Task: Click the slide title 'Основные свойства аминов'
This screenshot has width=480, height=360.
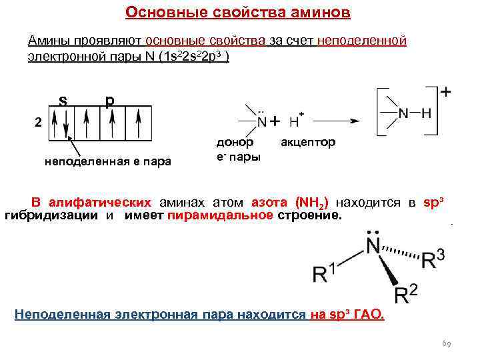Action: coord(237,13)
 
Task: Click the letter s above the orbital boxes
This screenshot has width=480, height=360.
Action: coord(62,101)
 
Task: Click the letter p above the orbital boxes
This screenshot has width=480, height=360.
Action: coord(109,101)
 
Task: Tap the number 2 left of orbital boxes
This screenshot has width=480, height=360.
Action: coord(38,123)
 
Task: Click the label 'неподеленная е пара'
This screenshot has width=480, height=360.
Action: coord(107,161)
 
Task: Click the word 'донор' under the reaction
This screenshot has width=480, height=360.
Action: coord(235,143)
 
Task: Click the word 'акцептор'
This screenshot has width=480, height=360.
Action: coord(308,143)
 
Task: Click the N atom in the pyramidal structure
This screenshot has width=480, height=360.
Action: coord(371,247)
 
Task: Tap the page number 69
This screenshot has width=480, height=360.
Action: coord(447,344)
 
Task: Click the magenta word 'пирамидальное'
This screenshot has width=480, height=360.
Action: coord(220,216)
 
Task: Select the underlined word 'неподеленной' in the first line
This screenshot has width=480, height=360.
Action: coord(361,41)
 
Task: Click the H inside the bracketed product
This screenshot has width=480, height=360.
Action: coord(426,115)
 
